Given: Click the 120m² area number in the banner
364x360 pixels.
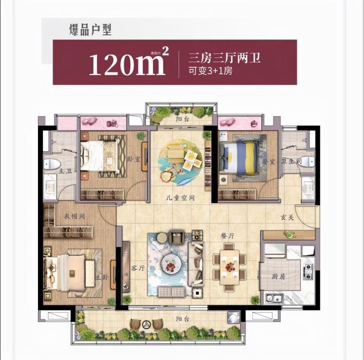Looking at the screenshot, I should point(128,63).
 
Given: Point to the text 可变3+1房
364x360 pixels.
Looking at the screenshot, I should point(210,71).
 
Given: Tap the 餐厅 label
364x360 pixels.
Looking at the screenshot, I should point(229,236).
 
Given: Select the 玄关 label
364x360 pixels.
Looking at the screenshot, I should point(288,218).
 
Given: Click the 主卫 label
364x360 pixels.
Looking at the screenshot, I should point(65,172).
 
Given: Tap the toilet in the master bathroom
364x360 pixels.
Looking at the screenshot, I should point(52,164).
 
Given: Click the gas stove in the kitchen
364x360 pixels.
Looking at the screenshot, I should point(307,272).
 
